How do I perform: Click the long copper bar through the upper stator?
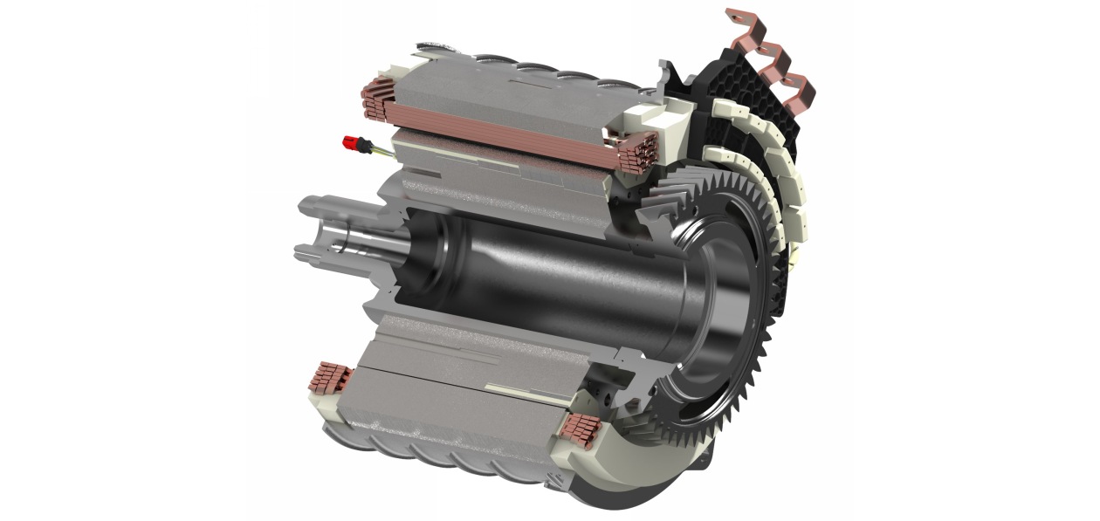[x=506, y=131]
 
